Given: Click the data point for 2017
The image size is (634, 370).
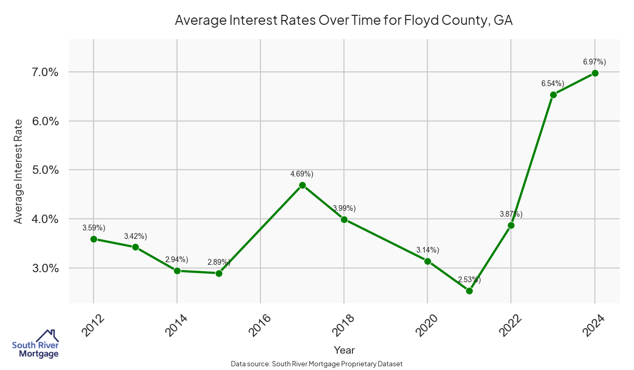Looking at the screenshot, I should (x=302, y=185).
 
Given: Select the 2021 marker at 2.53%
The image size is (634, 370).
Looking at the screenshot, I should (x=469, y=291).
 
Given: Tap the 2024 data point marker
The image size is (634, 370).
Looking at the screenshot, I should (x=595, y=73).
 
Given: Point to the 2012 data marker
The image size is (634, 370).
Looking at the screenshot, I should (x=94, y=239).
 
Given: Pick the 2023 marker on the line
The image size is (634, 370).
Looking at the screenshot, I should (x=553, y=95).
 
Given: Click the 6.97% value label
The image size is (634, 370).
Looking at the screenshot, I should (x=594, y=62).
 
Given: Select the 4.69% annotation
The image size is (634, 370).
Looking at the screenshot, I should (x=302, y=174).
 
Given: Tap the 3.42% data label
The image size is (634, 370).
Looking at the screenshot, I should (x=135, y=236).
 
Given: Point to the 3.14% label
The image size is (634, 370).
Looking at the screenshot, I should (x=427, y=250).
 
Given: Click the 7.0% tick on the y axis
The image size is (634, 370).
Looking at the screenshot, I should (x=42, y=72).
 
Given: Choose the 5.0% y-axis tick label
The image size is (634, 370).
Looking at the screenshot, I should (x=42, y=170).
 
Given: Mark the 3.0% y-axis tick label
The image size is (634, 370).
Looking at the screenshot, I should (x=42, y=268).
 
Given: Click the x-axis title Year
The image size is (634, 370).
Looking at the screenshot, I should (x=344, y=350).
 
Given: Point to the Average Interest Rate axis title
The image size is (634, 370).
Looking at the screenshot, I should (x=18, y=170).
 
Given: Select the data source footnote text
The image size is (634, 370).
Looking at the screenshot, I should (x=317, y=364).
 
